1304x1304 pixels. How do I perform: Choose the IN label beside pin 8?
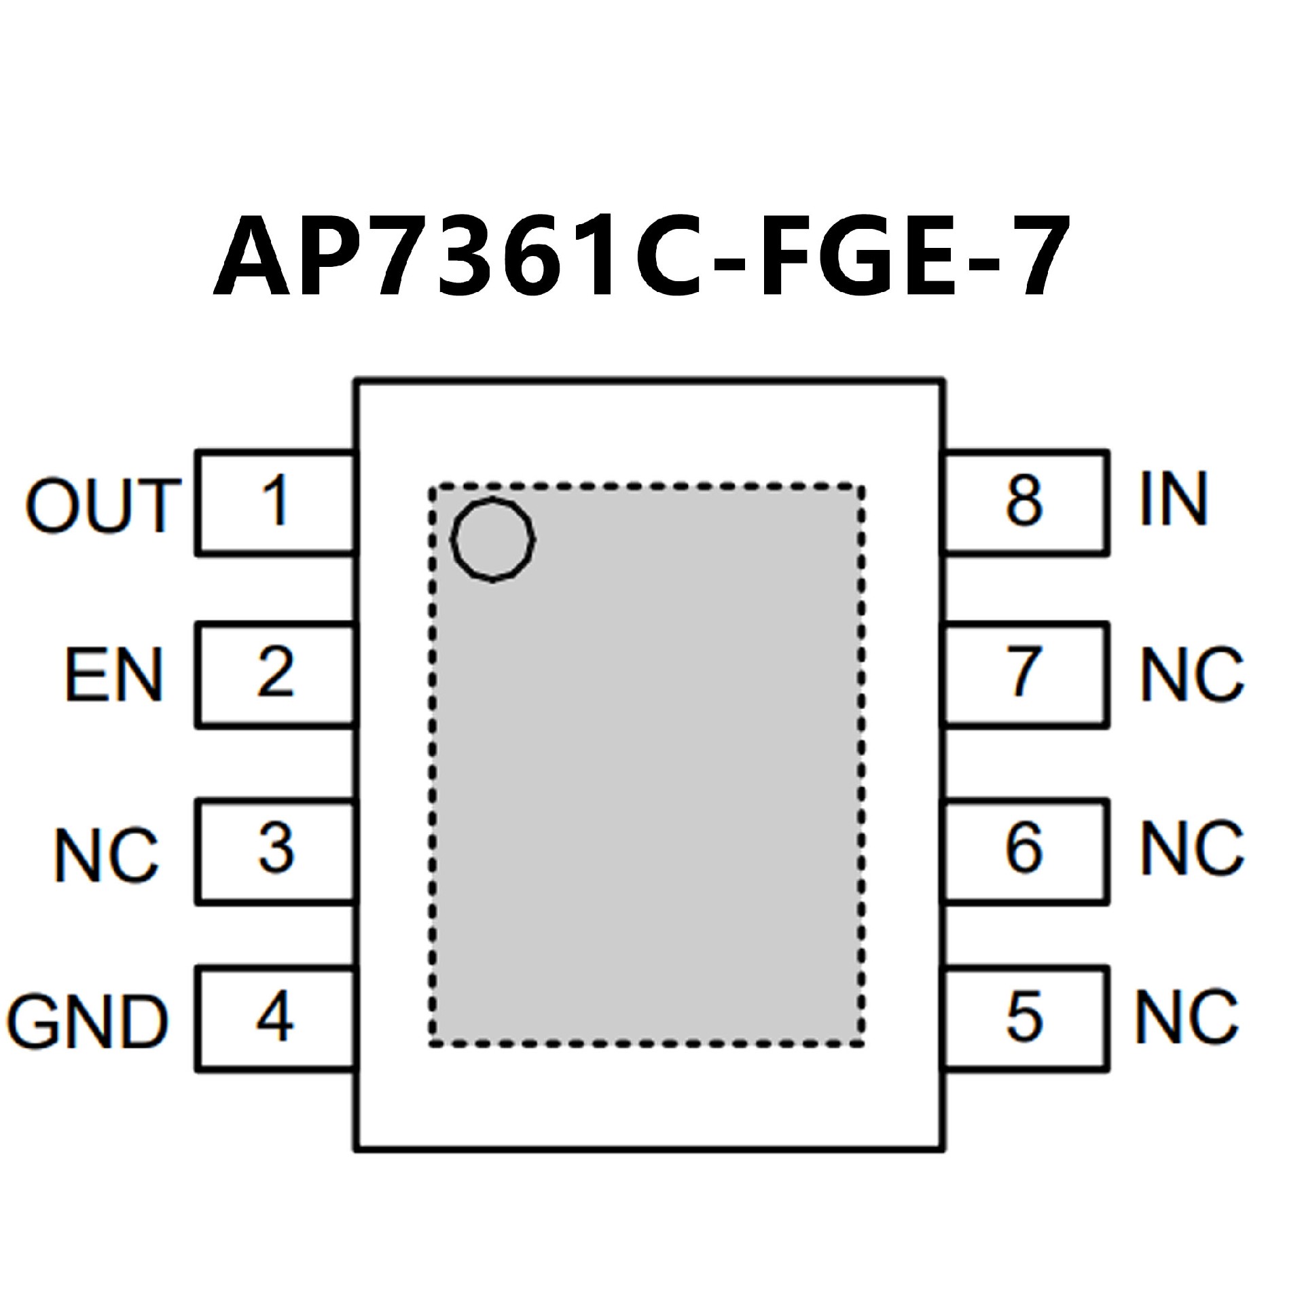coord(1173,501)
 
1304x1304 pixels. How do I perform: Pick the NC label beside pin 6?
coord(1192,849)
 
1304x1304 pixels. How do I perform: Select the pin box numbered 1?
coord(276,503)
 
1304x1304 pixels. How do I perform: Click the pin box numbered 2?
coord(276,675)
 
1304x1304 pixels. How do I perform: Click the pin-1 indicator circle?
coord(493,539)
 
